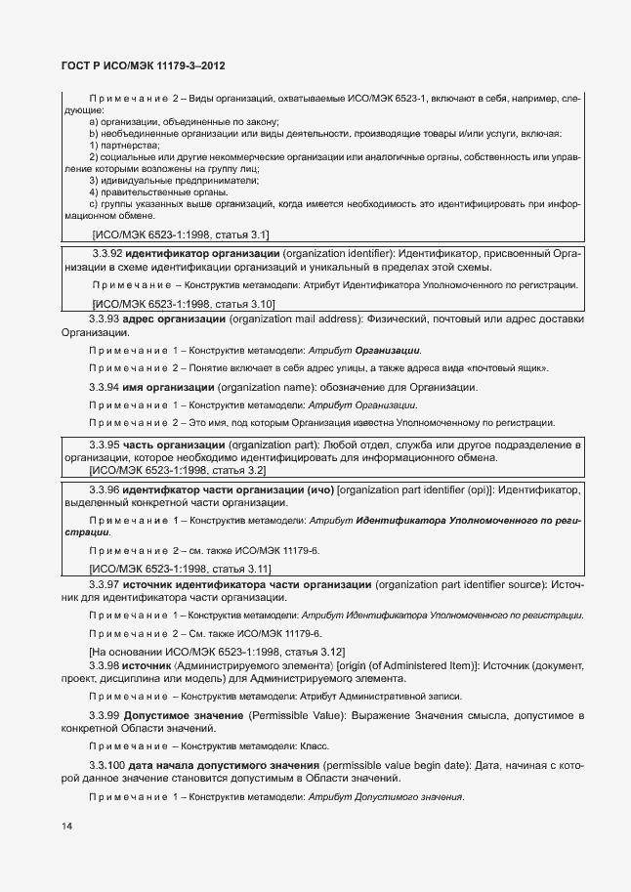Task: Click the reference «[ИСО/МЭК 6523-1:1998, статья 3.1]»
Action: click(x=181, y=234)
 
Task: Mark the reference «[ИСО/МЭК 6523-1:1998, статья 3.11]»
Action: click(x=181, y=568)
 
